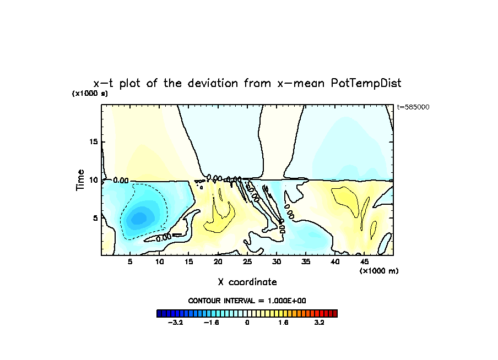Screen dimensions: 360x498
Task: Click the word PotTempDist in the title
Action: (x=366, y=83)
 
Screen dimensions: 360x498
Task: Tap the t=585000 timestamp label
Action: (x=413, y=107)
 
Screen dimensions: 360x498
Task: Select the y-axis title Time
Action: (x=80, y=179)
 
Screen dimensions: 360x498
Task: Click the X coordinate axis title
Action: (x=247, y=282)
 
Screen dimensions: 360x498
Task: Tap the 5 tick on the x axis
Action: (x=130, y=261)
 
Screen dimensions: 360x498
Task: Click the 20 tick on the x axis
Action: (x=218, y=261)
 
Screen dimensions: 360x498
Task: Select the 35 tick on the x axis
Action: (x=305, y=261)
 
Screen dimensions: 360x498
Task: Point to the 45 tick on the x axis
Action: (x=364, y=261)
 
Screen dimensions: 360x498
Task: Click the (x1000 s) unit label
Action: (x=90, y=94)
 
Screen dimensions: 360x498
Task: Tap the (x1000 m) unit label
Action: (x=379, y=271)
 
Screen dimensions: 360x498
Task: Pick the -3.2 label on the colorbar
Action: (x=177, y=323)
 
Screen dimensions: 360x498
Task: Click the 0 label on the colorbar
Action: (x=247, y=323)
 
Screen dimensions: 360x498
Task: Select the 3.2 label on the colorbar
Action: (x=319, y=323)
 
